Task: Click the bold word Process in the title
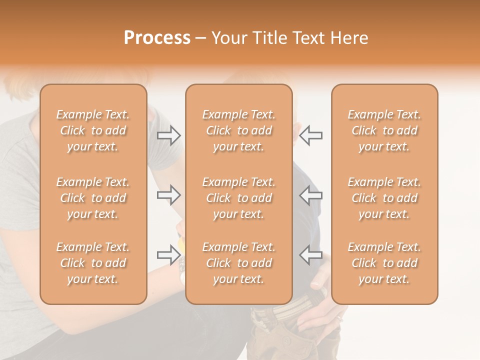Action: [157, 38]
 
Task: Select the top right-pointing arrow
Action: [169, 135]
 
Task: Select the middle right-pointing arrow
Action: [169, 195]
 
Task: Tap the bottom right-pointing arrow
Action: [169, 255]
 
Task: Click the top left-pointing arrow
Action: [311, 135]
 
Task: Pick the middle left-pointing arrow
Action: [311, 195]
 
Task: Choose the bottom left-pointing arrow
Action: [311, 255]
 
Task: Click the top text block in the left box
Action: [93, 130]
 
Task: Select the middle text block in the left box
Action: [93, 198]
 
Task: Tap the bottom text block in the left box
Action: [93, 263]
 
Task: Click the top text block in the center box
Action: [239, 130]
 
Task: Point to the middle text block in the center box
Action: [239, 198]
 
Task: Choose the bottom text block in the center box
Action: [239, 263]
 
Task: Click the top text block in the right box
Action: [384, 130]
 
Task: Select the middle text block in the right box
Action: [384, 198]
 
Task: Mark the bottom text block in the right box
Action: [384, 263]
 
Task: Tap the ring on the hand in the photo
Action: [340, 318]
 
